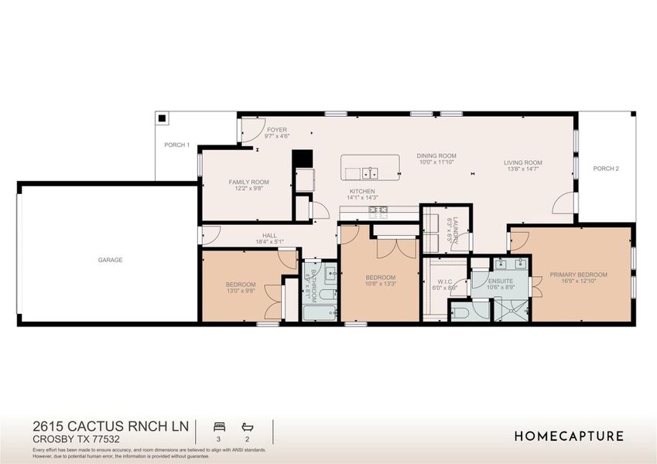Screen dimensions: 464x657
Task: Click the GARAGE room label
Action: point(110,260)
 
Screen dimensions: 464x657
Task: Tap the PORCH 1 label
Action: point(176,145)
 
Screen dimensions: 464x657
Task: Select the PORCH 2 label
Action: point(606,168)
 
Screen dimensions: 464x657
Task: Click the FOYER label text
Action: point(276,130)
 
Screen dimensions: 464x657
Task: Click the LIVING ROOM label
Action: point(523,162)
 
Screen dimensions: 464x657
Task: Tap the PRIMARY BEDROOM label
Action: point(578,275)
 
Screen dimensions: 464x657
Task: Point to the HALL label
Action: point(269,235)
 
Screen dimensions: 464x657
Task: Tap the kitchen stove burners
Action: point(378,210)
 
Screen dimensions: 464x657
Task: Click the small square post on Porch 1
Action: point(163,119)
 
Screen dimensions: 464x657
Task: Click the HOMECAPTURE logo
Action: point(569,436)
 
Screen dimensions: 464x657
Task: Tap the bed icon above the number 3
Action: point(218,426)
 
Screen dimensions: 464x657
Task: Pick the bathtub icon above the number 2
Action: point(248,426)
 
